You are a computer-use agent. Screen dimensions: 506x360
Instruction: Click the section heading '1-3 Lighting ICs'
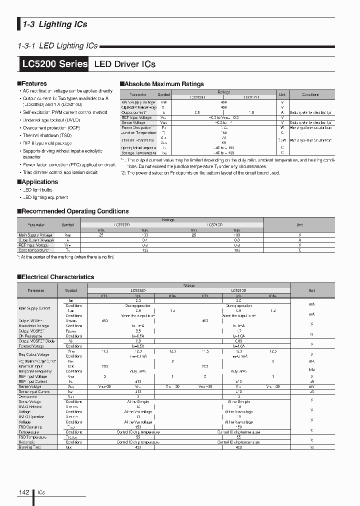click(x=55, y=24)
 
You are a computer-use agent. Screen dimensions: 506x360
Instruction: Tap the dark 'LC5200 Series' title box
click(x=55, y=64)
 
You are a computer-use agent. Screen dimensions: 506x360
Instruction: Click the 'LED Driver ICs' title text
click(x=125, y=64)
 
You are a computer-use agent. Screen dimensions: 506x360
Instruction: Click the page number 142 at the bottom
click(x=24, y=492)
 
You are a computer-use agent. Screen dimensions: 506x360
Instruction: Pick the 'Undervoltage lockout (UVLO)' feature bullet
click(x=51, y=120)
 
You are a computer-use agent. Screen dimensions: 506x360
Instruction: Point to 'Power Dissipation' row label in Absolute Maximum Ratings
click(x=135, y=127)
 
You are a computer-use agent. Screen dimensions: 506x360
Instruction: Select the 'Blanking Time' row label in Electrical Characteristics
click(x=29, y=447)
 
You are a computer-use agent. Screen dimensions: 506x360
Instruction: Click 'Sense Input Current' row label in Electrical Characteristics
click(x=34, y=391)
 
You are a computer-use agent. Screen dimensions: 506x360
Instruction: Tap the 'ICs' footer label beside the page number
click(x=40, y=492)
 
